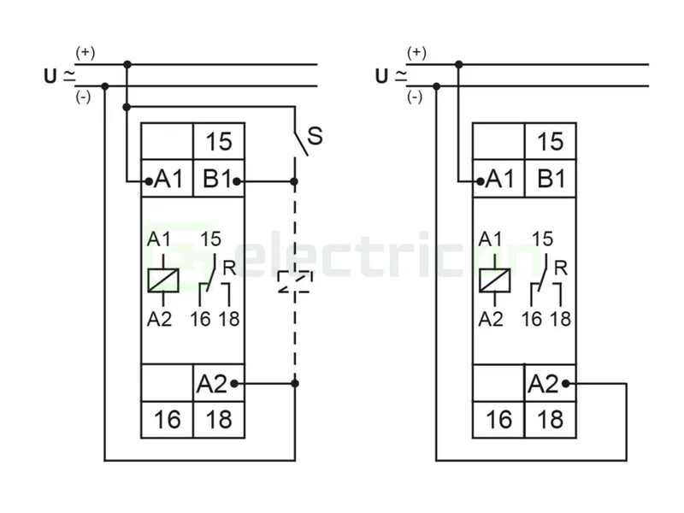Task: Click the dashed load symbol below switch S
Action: [x=295, y=283]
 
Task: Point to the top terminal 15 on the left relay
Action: [x=219, y=141]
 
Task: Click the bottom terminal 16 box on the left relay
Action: [x=168, y=420]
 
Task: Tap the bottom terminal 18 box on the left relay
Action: [x=219, y=420]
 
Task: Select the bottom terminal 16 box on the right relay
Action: [x=499, y=420]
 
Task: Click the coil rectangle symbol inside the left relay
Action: [x=162, y=280]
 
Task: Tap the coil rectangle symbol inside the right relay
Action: [x=494, y=280]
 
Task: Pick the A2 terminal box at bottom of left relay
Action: [x=214, y=384]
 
